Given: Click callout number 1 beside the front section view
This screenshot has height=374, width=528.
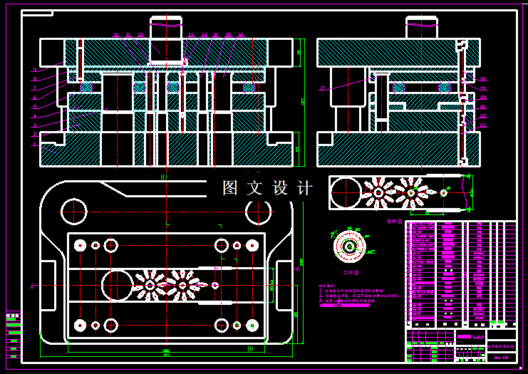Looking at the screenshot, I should coord(33,143).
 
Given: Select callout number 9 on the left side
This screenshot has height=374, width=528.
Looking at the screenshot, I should coord(34,69).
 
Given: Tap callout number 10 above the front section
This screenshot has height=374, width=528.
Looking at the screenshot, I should coord(116,35).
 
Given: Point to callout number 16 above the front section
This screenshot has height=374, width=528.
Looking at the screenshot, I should coord(241,35).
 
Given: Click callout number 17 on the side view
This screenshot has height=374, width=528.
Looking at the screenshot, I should coord(322,88).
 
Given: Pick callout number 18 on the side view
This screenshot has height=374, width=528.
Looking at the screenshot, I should coord(482,79).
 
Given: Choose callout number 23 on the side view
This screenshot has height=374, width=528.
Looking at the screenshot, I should coord(482,125).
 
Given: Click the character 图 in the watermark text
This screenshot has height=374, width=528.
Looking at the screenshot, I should coord(229,188).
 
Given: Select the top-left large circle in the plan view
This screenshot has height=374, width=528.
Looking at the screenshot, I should coord(74,211).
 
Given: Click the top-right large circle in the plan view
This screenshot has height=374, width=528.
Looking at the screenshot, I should coord(258,211).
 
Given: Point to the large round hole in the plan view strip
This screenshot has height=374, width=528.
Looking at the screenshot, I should coord(117,285).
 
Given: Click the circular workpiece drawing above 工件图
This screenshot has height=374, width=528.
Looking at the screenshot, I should coord(350,246).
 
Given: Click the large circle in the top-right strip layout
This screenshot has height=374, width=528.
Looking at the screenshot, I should coord(346,193).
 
